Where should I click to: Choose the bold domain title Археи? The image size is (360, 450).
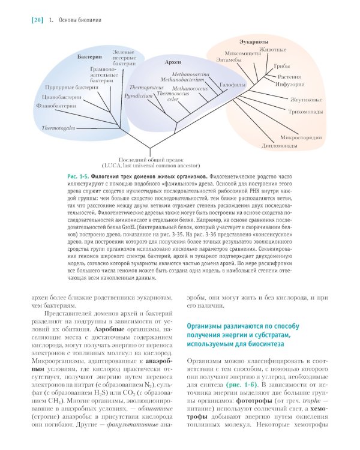(x=173, y=62)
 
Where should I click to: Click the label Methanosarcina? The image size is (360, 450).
(x=189, y=73)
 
